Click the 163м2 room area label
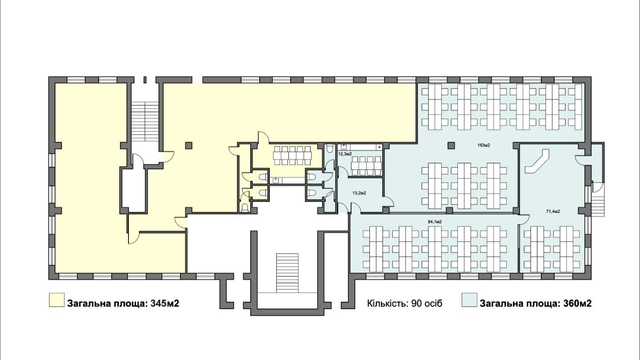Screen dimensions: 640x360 pos(484,145)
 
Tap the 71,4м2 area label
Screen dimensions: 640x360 pos(553,212)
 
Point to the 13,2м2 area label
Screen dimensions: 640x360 pos(359,193)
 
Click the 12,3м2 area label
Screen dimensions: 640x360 pos(345,154)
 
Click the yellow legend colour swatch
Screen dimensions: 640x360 pos(56,300)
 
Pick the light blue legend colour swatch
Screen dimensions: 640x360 pos(469,300)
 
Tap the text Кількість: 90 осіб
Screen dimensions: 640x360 pos(404,303)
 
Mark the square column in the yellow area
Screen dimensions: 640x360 pos(188,145)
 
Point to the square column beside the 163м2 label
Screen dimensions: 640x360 pos(451,145)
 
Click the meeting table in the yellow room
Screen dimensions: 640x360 pos(292,156)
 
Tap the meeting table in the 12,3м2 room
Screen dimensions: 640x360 pos(366,166)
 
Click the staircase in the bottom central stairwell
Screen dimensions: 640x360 pos(287,273)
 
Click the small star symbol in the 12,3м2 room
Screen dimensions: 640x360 pos(380,147)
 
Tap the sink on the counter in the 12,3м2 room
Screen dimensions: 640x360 pos(344,147)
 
